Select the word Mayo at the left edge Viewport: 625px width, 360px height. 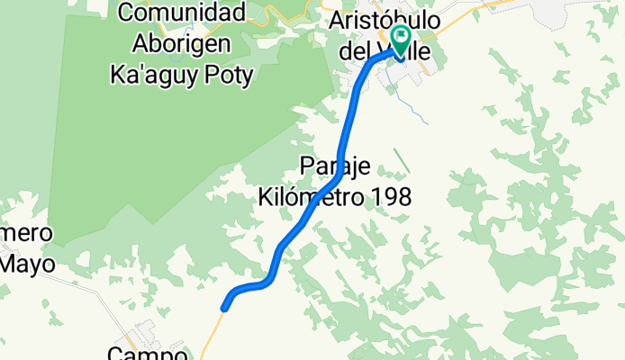[27, 264]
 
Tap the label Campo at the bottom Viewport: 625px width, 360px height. [148, 354]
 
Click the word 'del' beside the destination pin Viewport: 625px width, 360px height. [354, 50]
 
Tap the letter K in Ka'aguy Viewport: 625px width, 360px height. [116, 74]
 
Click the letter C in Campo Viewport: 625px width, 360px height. [115, 354]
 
